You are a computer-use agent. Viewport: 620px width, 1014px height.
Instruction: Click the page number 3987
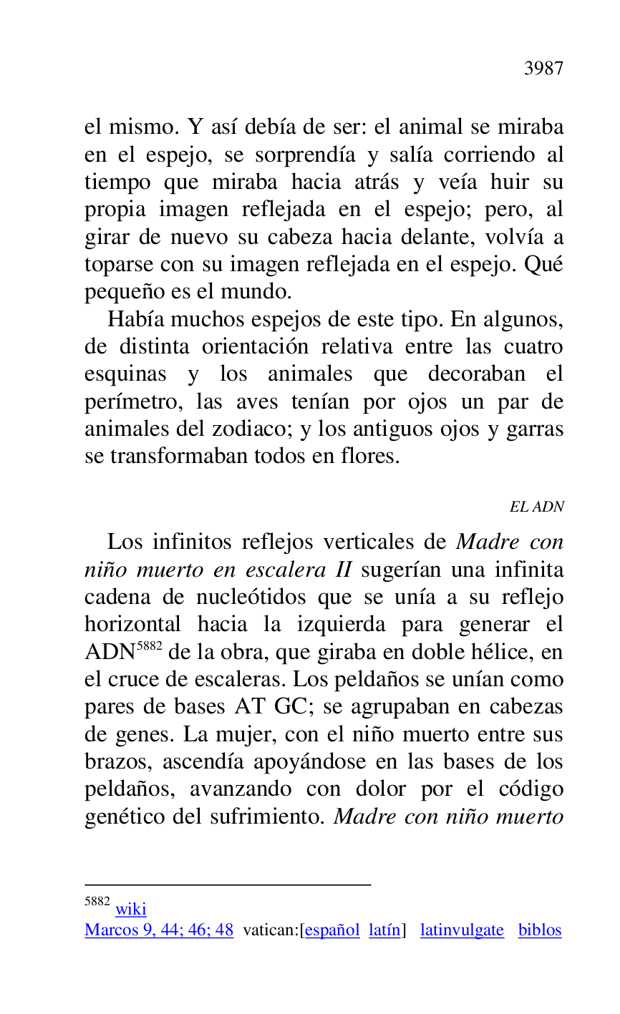click(x=543, y=69)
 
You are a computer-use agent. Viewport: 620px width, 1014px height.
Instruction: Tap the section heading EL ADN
click(x=536, y=507)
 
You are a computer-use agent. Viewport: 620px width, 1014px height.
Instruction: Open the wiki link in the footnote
click(x=130, y=909)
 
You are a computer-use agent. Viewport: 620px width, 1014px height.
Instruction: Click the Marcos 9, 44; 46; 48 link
click(x=159, y=930)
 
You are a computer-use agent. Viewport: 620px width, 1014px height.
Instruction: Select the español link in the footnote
click(x=332, y=930)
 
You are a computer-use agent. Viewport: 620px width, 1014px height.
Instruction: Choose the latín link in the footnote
click(x=385, y=930)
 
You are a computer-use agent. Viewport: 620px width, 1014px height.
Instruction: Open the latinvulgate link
click(x=462, y=930)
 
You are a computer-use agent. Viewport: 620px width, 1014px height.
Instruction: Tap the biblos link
click(x=540, y=930)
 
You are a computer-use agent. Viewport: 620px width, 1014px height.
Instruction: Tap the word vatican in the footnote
click(x=269, y=930)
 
